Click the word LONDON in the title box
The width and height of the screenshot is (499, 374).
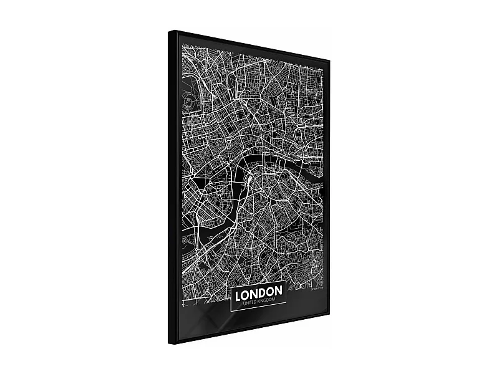[x=258, y=291]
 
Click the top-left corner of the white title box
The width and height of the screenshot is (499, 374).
[x=231, y=284]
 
